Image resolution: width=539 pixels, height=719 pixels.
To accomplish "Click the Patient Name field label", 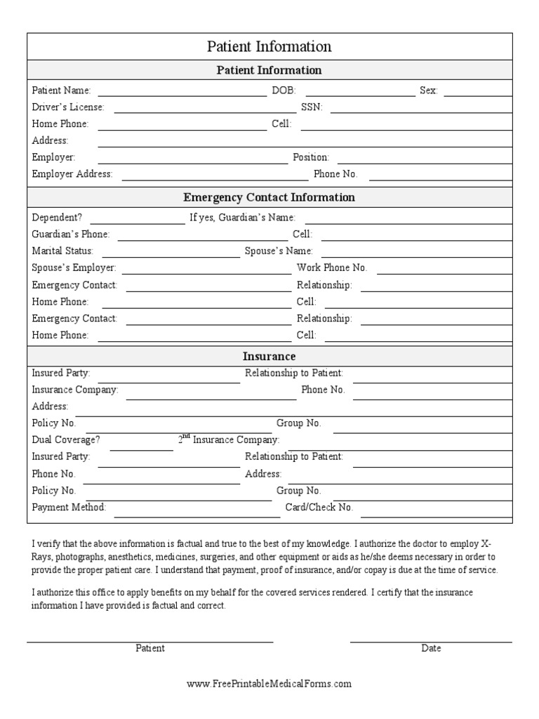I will (x=62, y=91).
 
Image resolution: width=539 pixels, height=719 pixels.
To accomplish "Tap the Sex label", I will (x=428, y=91).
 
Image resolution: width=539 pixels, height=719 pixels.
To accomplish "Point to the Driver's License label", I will (x=68, y=107).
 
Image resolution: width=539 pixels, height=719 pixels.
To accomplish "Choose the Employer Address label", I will (x=72, y=174).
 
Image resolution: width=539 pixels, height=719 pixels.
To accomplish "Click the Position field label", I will (x=311, y=157).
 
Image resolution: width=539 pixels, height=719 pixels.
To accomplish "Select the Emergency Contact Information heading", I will (x=269, y=197).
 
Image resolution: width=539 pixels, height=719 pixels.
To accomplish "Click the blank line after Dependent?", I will (x=137, y=223).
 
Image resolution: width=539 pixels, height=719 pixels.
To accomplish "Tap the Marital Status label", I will (x=62, y=251).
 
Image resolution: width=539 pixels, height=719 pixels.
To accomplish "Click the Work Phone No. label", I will (x=332, y=268).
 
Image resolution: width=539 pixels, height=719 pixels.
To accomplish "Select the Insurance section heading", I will (x=269, y=356).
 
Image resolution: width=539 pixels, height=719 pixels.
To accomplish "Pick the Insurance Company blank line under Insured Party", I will (x=211, y=399).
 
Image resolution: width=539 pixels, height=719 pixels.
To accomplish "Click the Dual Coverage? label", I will (x=66, y=440).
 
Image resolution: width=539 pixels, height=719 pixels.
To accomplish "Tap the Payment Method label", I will (x=69, y=507).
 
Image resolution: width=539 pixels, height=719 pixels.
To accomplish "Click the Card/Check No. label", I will (x=319, y=507).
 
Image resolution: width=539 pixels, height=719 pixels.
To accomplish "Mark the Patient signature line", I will (x=150, y=641).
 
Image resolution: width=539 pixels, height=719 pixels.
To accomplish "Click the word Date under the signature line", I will (x=431, y=648).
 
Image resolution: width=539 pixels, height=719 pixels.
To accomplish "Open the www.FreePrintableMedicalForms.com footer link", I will (x=269, y=683).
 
